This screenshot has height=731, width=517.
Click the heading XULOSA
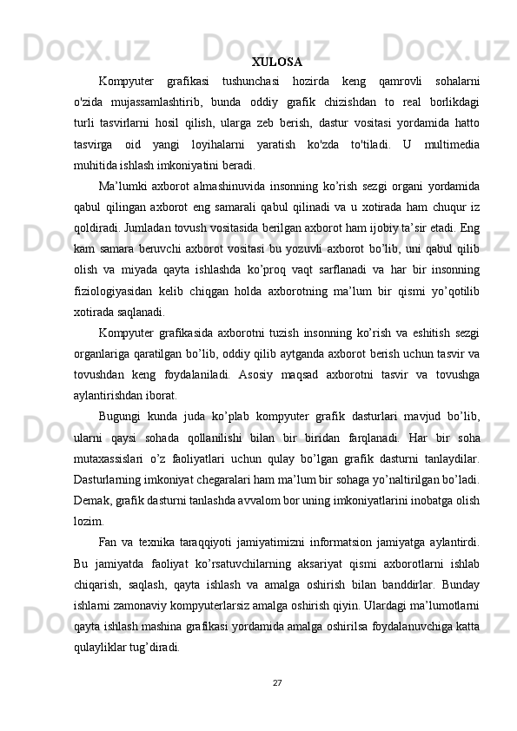click(276, 63)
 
